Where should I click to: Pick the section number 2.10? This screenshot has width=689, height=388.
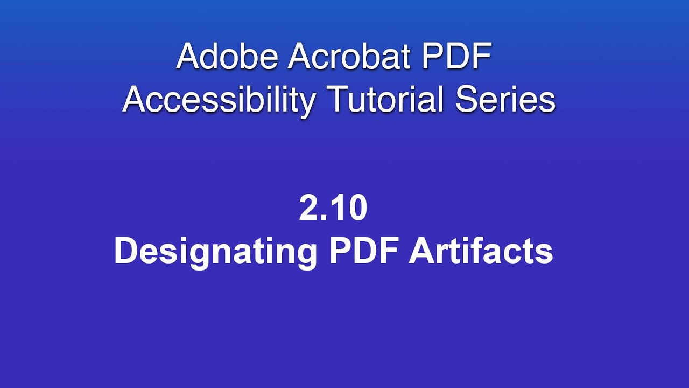click(x=333, y=209)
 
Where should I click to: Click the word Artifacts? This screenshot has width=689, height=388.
click(x=481, y=251)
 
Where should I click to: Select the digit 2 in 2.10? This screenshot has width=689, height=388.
click(x=309, y=209)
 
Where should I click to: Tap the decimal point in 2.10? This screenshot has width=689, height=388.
click(x=325, y=218)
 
